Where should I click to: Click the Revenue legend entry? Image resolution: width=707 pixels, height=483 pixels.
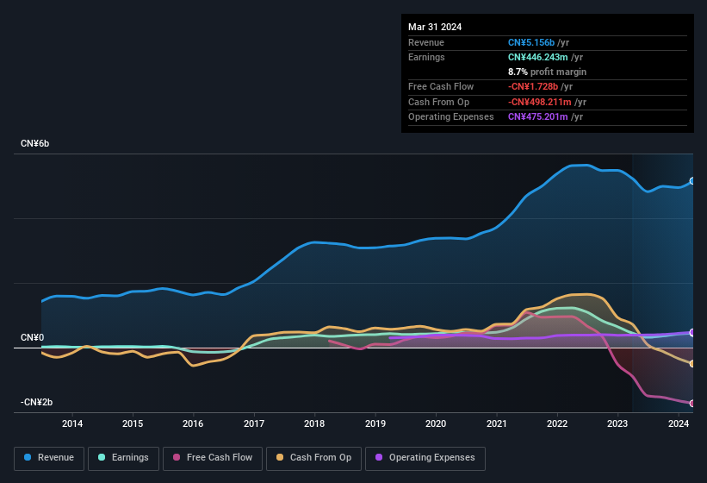point(50,458)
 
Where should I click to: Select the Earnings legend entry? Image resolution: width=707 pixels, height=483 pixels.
point(123,458)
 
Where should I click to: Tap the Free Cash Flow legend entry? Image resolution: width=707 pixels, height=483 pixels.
point(213,458)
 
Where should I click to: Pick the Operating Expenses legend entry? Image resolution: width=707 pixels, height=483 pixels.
point(425,458)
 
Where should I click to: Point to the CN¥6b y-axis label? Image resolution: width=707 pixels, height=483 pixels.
point(35,143)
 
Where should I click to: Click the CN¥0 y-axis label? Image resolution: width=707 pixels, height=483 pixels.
point(33,337)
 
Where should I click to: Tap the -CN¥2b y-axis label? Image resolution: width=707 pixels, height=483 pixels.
point(37,402)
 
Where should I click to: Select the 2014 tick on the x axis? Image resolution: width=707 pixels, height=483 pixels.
point(72,423)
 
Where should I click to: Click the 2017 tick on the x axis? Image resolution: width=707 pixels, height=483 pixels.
point(254,423)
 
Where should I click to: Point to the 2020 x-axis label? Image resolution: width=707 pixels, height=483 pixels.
point(436,423)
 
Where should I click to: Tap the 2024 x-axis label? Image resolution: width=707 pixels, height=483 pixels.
point(679,423)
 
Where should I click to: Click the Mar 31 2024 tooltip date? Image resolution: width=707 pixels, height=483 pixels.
point(435,27)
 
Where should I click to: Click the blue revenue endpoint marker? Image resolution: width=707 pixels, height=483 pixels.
point(692,181)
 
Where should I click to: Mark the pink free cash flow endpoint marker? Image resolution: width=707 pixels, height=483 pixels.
point(692,404)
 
